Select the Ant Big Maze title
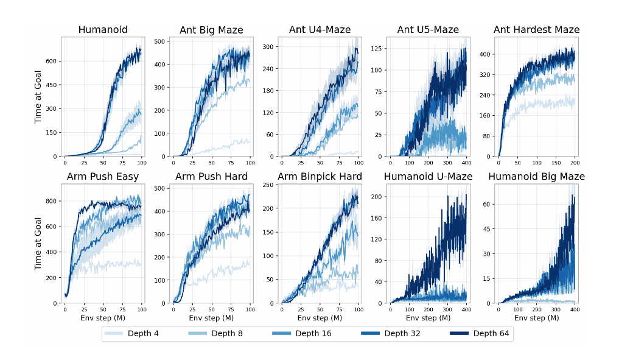click(211, 30)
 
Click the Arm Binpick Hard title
click(320, 177)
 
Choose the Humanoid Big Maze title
click(536, 177)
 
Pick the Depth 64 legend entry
click(489, 333)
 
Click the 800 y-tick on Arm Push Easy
click(54, 201)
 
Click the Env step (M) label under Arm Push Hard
click(211, 318)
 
